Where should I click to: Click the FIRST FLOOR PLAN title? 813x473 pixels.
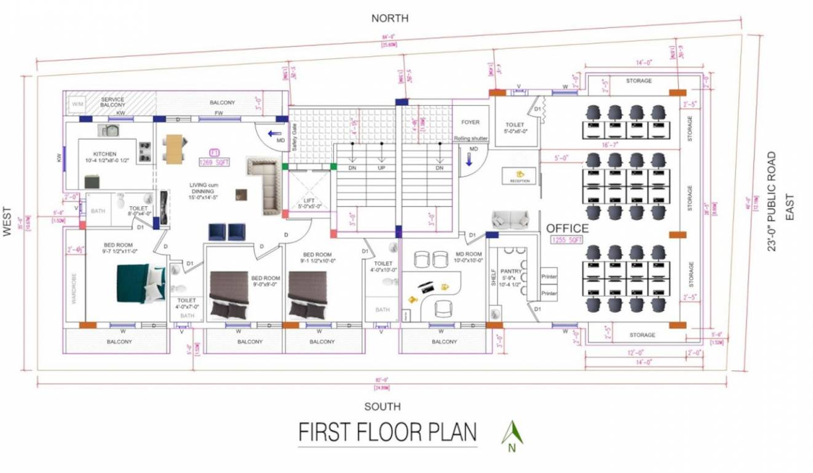point(387,432)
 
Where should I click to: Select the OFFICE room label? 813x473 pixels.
point(568,228)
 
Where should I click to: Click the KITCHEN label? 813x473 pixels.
point(105,154)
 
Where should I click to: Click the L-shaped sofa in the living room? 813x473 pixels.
point(266,184)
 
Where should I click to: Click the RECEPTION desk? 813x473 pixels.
point(520,176)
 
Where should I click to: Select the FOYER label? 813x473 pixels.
point(470,123)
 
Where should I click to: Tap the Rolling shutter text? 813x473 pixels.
point(470,139)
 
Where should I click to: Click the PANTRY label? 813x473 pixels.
point(511,271)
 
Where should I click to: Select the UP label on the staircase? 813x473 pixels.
point(381,168)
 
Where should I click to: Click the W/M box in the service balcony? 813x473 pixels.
point(77,104)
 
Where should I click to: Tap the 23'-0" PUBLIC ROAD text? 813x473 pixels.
point(772,201)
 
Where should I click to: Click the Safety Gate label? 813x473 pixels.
point(295,137)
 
